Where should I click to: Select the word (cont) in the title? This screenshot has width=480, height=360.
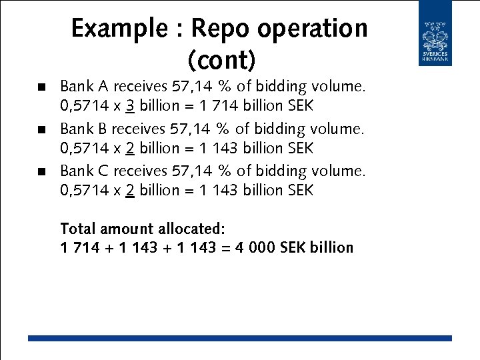222,60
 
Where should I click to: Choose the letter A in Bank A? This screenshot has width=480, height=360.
103,87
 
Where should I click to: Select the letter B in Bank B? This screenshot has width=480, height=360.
103,129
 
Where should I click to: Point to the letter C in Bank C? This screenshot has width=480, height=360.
103,171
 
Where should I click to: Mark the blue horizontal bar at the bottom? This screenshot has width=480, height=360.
239,339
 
